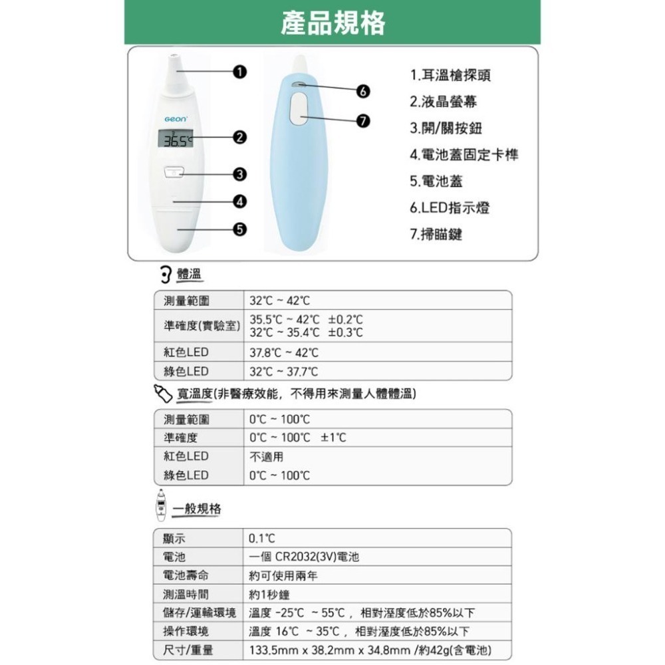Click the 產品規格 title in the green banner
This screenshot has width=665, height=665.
(x=332, y=23)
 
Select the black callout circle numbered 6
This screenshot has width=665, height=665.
(x=363, y=90)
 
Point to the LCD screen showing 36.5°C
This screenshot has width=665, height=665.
(x=175, y=140)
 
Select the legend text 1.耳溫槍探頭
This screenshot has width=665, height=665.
(x=451, y=75)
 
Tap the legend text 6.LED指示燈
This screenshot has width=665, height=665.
(x=450, y=208)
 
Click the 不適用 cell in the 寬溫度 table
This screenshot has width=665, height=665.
(x=266, y=457)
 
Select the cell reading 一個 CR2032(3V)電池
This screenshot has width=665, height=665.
(x=304, y=557)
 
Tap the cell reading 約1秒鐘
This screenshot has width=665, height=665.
(x=269, y=595)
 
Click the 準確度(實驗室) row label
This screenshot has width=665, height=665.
(x=201, y=327)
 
